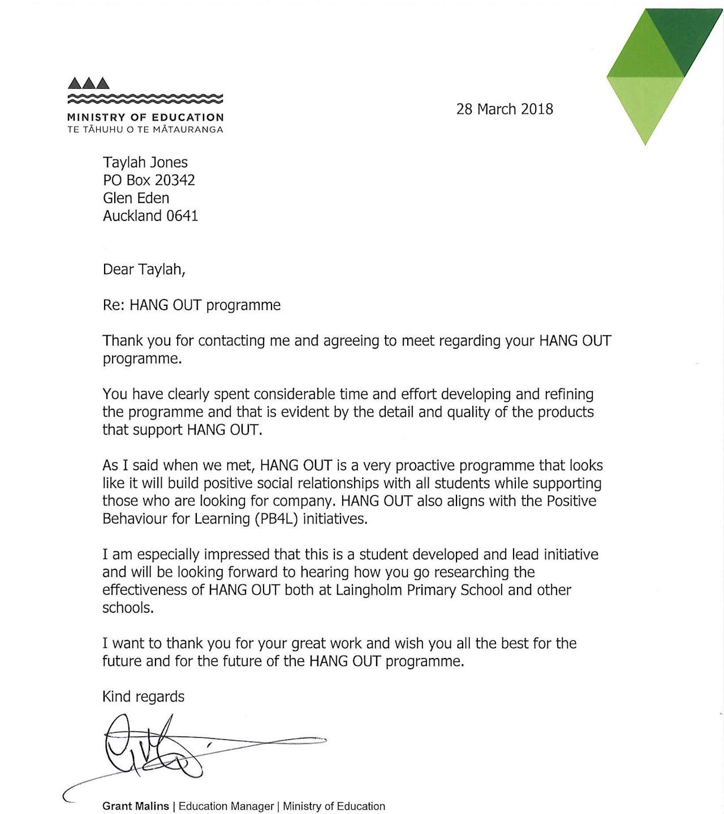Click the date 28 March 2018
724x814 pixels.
click(505, 109)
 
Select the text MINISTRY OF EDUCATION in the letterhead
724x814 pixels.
click(145, 118)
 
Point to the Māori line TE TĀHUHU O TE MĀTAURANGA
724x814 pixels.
click(145, 129)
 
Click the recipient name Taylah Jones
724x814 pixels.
click(145, 163)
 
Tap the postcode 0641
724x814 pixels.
click(182, 216)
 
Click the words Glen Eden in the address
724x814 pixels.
click(136, 198)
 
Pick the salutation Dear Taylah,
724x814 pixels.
click(144, 270)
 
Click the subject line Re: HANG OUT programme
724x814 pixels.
click(191, 305)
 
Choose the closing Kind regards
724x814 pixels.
click(143, 696)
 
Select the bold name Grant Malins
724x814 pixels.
click(136, 806)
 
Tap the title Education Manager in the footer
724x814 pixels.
click(226, 806)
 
